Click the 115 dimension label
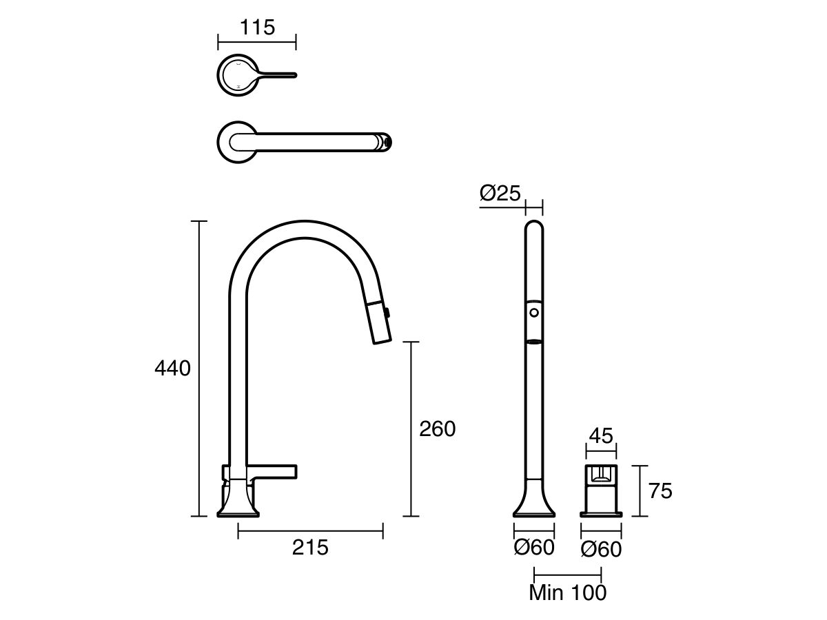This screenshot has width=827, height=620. pos(256,28)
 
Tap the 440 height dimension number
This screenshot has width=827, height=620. pos(172,369)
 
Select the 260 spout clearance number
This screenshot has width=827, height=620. pos(438,429)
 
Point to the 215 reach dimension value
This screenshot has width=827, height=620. pos(310,548)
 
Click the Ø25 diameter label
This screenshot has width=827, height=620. pos(500,194)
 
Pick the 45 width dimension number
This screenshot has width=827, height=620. pos(601,436)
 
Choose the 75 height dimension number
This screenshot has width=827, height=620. pos(660,490)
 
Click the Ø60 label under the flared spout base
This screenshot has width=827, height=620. pos(534,548)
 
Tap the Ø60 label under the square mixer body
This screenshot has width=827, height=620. pos(601,549)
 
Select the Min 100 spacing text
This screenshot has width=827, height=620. pos(568,592)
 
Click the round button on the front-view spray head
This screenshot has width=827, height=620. pos(534,313)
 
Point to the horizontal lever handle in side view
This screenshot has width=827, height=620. pos(272,471)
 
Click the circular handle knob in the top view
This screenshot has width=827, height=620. pos(236,74)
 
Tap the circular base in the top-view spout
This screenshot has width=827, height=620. pos(235,143)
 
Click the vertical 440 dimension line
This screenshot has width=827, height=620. pos(199,369)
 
